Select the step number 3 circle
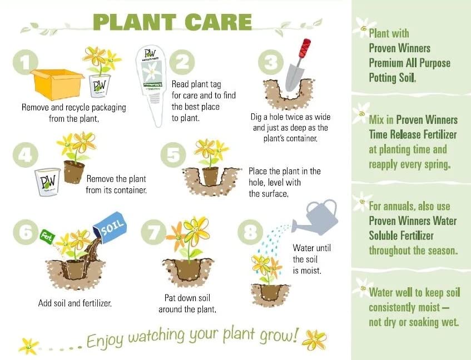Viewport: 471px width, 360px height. click(x=271, y=63)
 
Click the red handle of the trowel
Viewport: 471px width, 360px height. click(x=305, y=48)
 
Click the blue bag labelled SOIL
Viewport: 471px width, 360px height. click(x=110, y=229)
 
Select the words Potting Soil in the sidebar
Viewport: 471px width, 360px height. click(x=391, y=78)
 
